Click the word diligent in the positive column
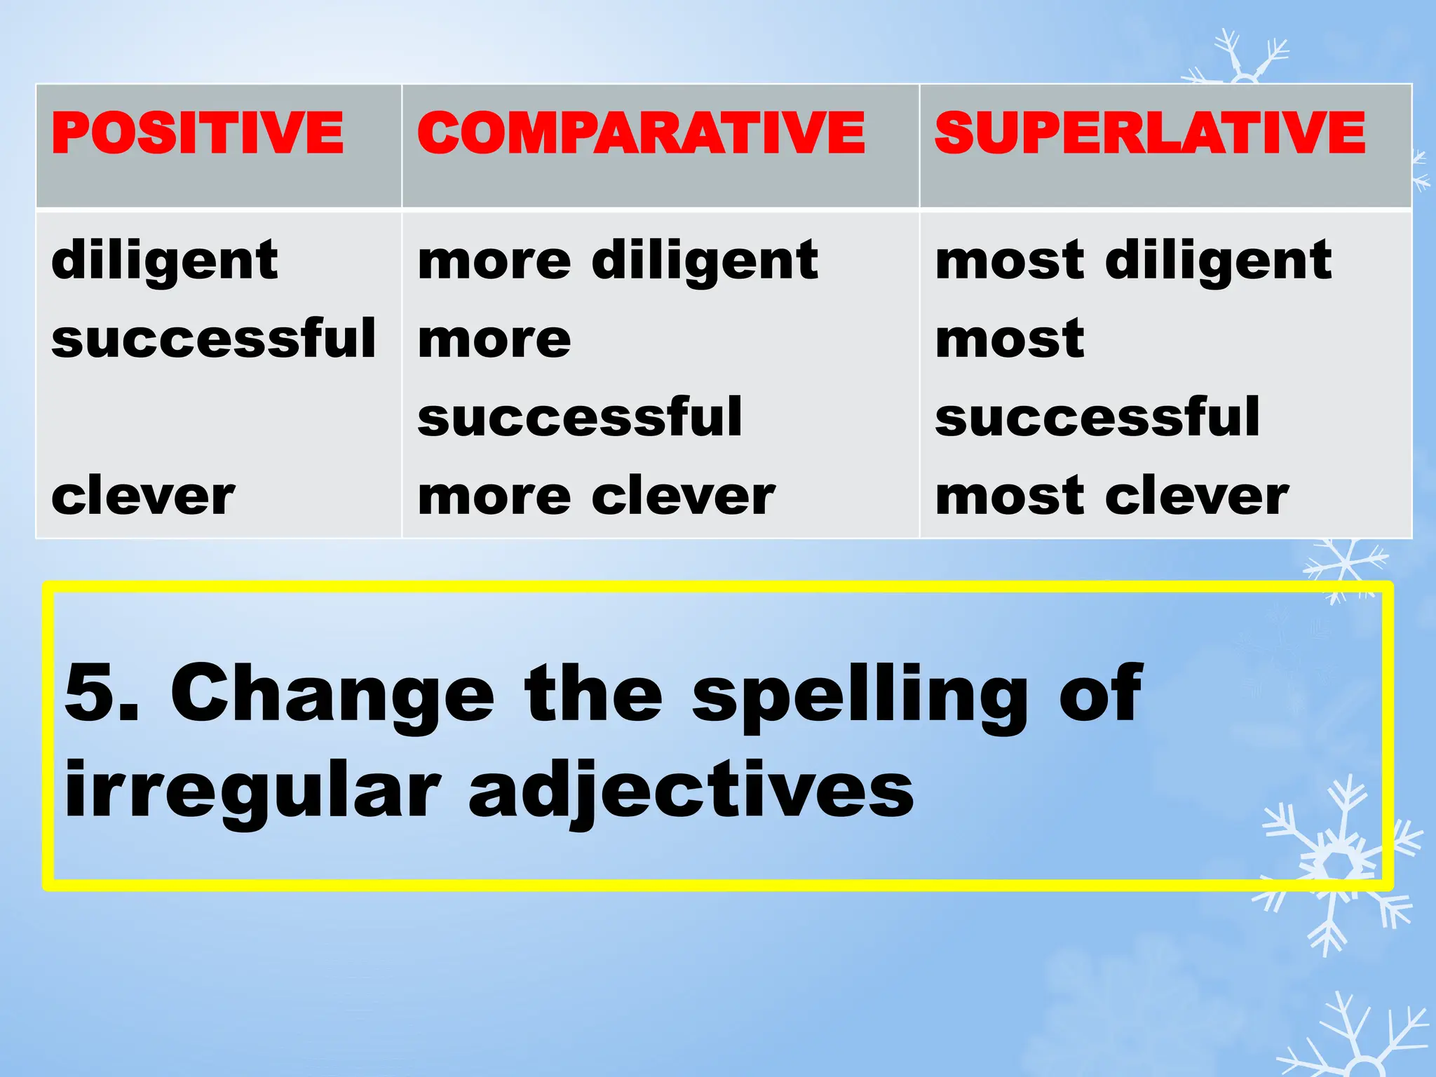tap(165, 261)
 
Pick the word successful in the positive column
tap(214, 339)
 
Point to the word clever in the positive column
tap(143, 496)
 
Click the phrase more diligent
tap(618, 261)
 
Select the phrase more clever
tap(597, 496)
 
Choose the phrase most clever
tap(1112, 496)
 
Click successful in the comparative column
tap(580, 417)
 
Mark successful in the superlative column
tap(1098, 417)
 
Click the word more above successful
tap(494, 340)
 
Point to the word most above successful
tap(1010, 340)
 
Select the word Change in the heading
tap(332, 693)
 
